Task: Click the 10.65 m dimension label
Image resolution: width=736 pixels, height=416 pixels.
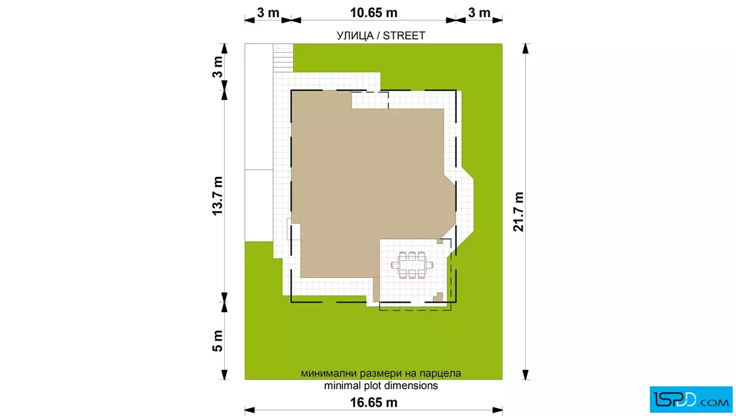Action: coord(374,13)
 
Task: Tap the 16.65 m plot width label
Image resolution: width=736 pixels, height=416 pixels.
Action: coord(374,402)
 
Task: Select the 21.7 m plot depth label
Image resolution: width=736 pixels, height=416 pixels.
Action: coord(518,211)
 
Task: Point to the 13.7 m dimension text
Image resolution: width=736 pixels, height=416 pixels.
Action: coord(218,196)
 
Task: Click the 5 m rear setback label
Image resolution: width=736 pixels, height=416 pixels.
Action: coord(218,341)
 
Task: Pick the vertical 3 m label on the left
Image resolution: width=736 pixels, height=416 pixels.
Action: coord(218,66)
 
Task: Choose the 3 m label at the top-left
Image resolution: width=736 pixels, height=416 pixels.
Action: coord(268,13)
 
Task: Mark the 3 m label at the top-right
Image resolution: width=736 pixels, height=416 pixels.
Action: coord(479,13)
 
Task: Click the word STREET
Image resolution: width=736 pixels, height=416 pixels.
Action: coord(404,36)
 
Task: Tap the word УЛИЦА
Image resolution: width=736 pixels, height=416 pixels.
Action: coord(355,36)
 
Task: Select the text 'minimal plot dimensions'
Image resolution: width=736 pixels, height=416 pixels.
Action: coord(380,386)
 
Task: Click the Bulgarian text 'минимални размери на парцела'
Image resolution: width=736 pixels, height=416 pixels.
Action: coord(380,373)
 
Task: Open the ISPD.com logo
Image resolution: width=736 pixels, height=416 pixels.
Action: coord(691,400)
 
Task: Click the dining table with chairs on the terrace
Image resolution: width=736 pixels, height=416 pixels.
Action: coord(412,265)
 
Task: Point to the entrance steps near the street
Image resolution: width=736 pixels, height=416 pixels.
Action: coord(283,58)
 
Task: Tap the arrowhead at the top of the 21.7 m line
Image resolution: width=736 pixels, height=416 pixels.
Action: coord(526,48)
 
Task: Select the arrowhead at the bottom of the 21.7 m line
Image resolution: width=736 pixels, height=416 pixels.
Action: coord(526,375)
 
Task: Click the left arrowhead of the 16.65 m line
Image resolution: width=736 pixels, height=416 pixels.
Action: coord(250,410)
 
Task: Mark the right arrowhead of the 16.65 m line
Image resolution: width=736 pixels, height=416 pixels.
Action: coord(497,410)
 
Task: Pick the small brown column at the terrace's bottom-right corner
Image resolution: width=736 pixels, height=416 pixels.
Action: coord(438,297)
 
